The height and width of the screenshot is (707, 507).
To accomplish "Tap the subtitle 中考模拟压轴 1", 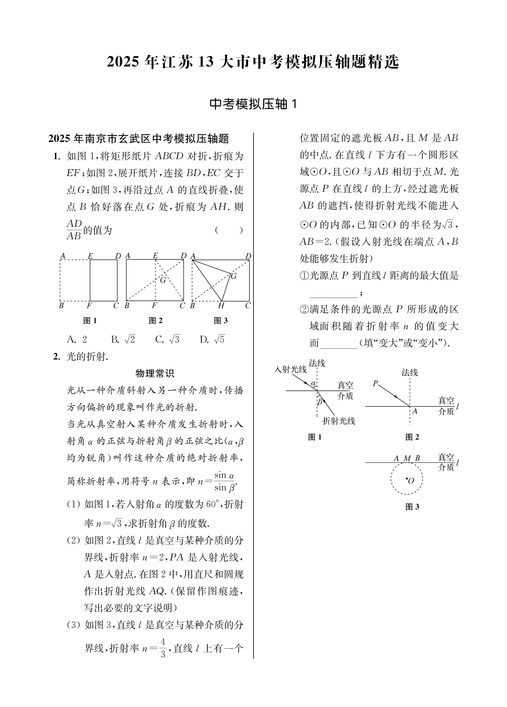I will point(253,104).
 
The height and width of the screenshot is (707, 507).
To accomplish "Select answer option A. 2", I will point(77,339).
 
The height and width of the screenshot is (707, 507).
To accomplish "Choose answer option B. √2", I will point(123,339).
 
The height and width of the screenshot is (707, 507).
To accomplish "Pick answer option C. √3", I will point(168,339).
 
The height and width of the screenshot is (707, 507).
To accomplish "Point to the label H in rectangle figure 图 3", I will point(221,306).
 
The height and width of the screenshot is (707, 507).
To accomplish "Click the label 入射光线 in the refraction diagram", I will point(290,369).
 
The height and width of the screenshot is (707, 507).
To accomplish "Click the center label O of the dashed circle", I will point(411,481).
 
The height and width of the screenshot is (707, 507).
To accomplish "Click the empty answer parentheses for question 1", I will point(229,230).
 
